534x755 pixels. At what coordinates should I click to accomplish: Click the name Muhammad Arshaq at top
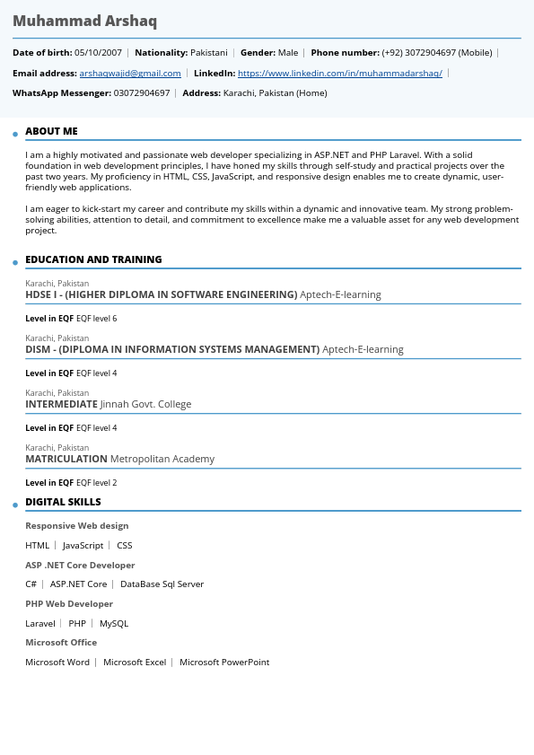click(x=84, y=21)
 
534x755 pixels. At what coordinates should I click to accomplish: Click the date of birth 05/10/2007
click(x=98, y=53)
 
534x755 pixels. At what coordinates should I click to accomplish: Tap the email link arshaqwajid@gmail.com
click(x=130, y=74)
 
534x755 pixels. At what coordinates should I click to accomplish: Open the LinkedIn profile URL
click(x=339, y=74)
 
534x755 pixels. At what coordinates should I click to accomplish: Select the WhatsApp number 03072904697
click(x=141, y=93)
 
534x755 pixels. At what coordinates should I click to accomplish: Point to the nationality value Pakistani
click(x=209, y=53)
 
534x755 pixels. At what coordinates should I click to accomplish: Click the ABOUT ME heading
click(x=51, y=131)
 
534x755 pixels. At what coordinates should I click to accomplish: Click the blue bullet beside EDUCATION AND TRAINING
click(x=15, y=263)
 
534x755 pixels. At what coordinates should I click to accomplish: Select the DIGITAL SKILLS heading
click(x=63, y=502)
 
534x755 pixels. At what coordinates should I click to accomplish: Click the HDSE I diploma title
click(x=161, y=294)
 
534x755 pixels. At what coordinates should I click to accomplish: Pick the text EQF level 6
click(x=96, y=319)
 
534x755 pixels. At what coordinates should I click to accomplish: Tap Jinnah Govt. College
click(x=145, y=404)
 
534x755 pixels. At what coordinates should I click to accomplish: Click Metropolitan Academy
click(x=162, y=459)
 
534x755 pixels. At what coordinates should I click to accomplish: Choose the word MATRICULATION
click(x=66, y=459)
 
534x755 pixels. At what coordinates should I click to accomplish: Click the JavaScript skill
click(x=83, y=545)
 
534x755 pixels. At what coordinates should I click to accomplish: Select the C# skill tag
click(x=31, y=584)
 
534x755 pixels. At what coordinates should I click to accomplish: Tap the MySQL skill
click(x=114, y=623)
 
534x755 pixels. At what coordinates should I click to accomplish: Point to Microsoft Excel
click(x=135, y=662)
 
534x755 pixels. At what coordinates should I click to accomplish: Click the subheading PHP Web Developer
click(x=69, y=604)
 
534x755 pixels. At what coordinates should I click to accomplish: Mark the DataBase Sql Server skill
click(x=162, y=584)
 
